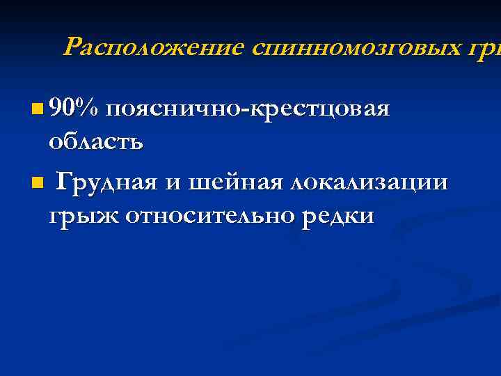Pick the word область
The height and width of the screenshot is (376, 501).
(x=96, y=143)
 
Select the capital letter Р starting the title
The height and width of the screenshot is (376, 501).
(x=71, y=47)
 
